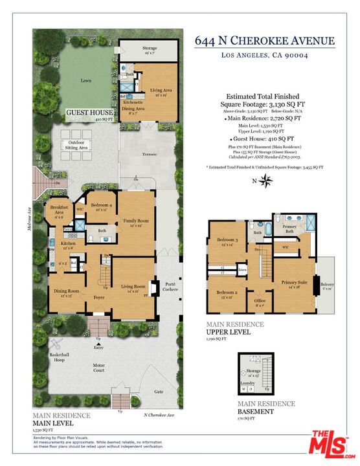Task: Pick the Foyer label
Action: (x=98, y=298)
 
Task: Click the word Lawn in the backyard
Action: (x=85, y=80)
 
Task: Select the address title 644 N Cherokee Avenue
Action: (x=265, y=41)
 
